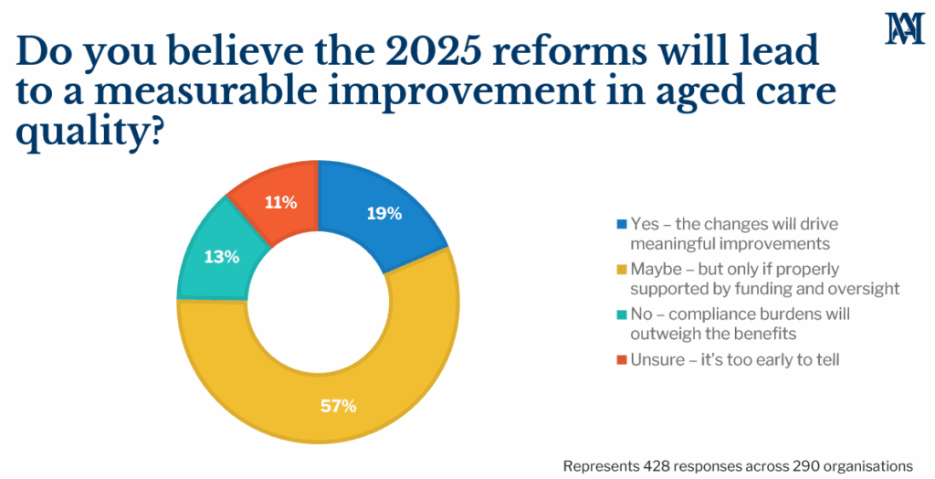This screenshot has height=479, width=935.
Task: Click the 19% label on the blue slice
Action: (x=384, y=213)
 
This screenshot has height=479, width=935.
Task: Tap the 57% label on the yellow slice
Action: (x=338, y=406)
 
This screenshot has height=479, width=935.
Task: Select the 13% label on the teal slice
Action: (x=222, y=257)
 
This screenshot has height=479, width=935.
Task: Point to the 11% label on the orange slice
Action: (x=281, y=202)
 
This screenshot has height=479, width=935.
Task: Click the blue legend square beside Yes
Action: (x=622, y=225)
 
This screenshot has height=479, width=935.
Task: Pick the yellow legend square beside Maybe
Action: (x=622, y=270)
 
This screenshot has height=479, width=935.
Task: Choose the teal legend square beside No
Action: (x=622, y=314)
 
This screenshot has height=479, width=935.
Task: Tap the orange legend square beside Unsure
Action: (x=622, y=360)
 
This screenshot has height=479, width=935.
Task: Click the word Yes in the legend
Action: (x=646, y=224)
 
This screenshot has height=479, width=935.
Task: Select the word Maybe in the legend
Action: (x=656, y=270)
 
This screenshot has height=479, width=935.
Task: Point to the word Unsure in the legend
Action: (x=658, y=360)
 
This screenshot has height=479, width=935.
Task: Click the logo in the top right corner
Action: (x=904, y=28)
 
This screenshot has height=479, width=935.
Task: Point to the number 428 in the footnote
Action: (x=654, y=466)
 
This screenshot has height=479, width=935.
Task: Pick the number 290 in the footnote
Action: (x=804, y=466)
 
